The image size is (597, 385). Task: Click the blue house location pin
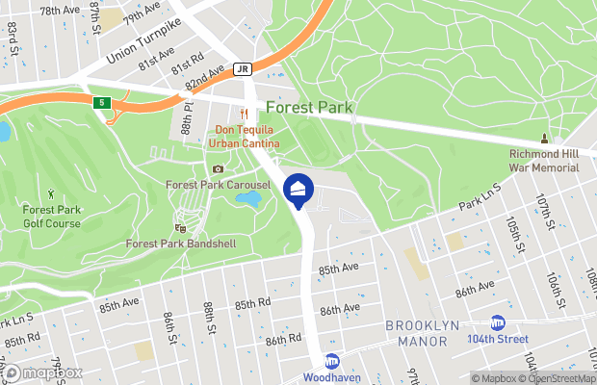click(298, 191)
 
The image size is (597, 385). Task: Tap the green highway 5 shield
click(102, 102)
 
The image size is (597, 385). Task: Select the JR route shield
click(243, 69)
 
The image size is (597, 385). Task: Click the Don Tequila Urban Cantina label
click(246, 138)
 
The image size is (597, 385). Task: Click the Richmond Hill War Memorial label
click(544, 160)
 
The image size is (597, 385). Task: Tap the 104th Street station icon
click(498, 322)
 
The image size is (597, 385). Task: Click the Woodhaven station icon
click(331, 361)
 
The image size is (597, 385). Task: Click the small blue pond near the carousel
click(248, 199)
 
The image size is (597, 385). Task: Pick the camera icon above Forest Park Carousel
click(218, 169)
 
